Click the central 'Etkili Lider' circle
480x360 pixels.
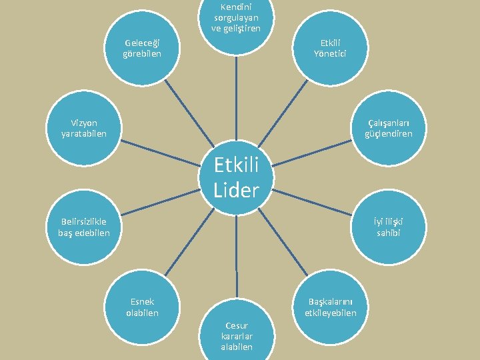pyautogui.click(x=236, y=177)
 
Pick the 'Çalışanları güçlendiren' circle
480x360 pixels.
pyautogui.click(x=388, y=129)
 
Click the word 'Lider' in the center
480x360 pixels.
pyautogui.click(x=236, y=190)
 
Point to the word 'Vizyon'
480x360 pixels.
pyautogui.click(x=84, y=123)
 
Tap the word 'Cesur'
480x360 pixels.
pyautogui.click(x=237, y=325)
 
